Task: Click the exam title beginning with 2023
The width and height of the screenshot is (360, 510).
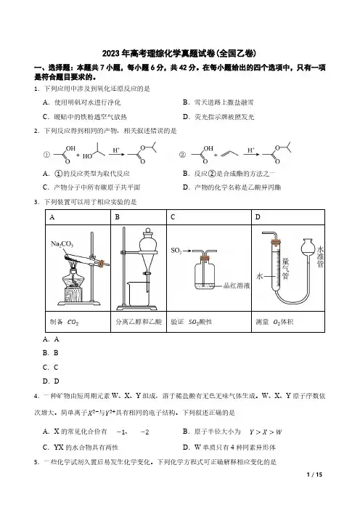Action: [179, 53]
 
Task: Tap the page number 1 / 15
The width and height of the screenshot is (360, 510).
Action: [314, 474]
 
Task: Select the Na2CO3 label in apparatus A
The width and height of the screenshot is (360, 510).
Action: [62, 244]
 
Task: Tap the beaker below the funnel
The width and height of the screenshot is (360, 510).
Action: [138, 294]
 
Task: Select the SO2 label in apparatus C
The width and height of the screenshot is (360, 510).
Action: [176, 251]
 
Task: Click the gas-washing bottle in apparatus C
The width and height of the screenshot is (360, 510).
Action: [205, 272]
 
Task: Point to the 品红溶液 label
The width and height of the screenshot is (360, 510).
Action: [237, 286]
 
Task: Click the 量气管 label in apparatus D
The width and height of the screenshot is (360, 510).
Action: [285, 269]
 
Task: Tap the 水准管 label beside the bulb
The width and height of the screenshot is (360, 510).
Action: [320, 256]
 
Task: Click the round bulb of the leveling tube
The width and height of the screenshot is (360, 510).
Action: [308, 248]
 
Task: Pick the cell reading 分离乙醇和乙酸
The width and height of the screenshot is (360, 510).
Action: [139, 322]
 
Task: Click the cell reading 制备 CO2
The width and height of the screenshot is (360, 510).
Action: [78, 322]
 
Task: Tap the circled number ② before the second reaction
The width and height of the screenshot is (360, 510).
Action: [182, 155]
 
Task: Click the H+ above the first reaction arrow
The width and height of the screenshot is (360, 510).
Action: [116, 150]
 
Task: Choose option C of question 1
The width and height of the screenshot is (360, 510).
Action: [85, 117]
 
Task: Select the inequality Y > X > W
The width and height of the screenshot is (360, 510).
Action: [266, 432]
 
